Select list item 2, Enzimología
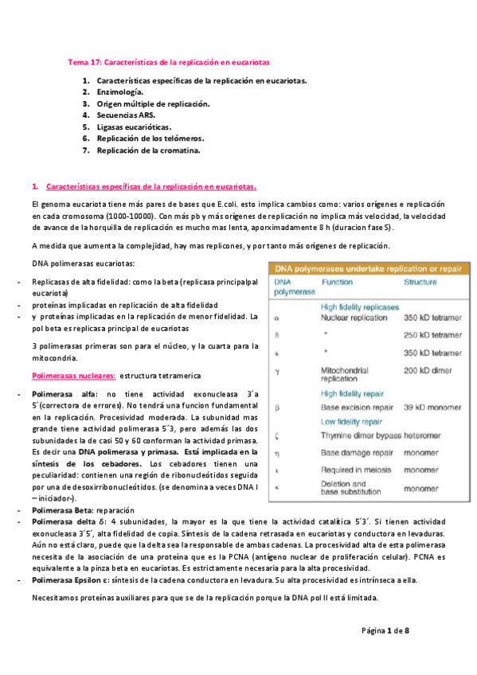120,92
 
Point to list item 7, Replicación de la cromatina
148,150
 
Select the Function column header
338,283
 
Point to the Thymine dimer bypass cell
361,435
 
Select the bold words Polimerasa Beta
63,509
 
